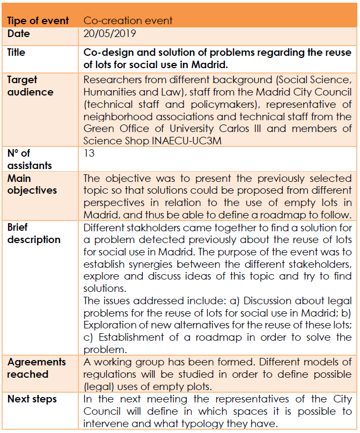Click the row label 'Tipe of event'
point(38,21)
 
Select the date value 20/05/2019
point(109,34)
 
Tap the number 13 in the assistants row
point(89,153)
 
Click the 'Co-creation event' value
point(128,21)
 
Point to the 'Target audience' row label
point(30,86)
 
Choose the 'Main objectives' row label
point(32,184)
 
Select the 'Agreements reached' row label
point(36,368)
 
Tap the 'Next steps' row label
point(32,399)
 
